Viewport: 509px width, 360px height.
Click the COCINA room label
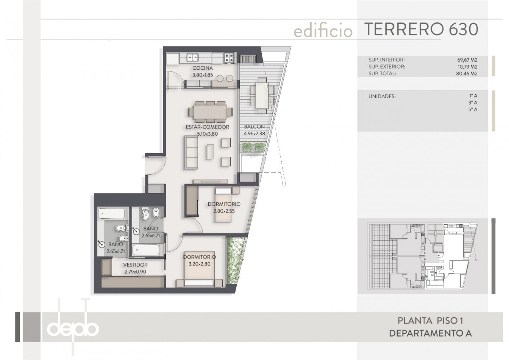point(203,68)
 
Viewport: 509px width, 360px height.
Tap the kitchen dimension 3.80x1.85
point(203,75)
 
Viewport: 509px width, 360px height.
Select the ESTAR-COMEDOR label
point(208,127)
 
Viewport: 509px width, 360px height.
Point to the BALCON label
point(254,127)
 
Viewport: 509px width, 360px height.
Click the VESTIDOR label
point(135,265)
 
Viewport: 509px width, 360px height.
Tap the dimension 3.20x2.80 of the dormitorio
point(199,264)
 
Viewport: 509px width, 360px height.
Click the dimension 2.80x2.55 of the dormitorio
point(224,211)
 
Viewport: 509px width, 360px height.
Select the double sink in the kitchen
point(192,58)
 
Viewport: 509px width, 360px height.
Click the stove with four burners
point(229,58)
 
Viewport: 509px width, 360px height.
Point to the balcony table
point(262,95)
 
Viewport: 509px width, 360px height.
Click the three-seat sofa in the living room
point(191,152)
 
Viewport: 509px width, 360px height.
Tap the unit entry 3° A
point(473,103)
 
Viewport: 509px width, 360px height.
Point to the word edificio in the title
point(323,31)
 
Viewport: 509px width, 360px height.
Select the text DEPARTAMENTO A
point(430,333)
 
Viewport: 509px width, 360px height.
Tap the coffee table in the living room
point(210,152)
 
